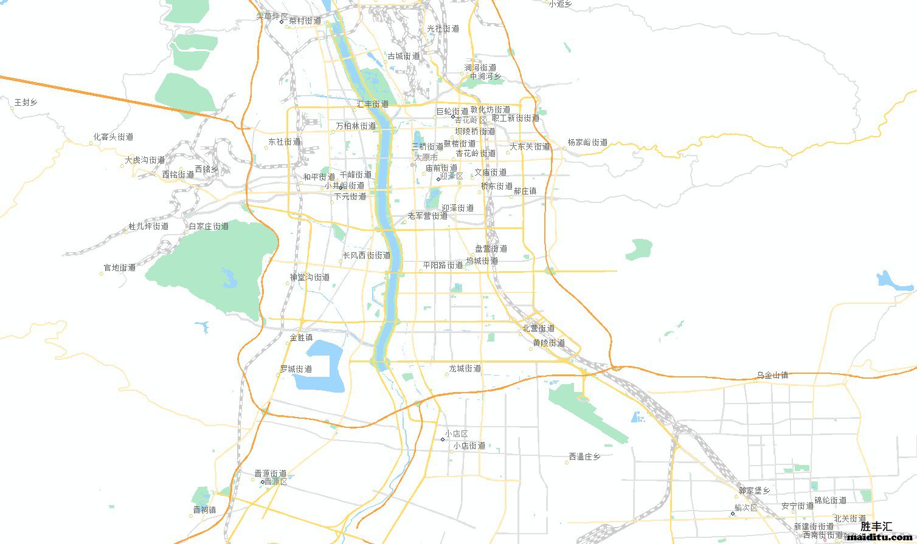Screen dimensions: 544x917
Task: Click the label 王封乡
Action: click(x=26, y=103)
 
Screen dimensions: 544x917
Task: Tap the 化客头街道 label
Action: click(x=113, y=137)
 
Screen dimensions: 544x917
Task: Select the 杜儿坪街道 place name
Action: click(x=148, y=227)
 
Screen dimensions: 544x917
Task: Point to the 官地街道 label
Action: click(x=120, y=268)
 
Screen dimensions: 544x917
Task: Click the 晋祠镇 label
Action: click(x=204, y=510)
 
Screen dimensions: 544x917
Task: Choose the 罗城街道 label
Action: click(x=296, y=370)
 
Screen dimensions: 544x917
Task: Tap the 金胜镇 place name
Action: click(x=301, y=338)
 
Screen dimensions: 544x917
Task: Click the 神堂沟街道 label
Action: click(x=310, y=278)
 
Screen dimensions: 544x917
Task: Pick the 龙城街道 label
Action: click(x=465, y=369)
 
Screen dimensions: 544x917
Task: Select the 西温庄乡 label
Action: click(x=585, y=457)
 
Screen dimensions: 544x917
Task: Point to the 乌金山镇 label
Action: click(x=772, y=376)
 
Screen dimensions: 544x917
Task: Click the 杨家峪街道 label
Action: click(x=587, y=143)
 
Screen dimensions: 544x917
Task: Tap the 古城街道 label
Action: click(x=404, y=57)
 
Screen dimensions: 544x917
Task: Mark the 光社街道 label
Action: click(x=443, y=29)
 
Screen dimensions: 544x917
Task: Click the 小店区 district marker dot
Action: click(x=443, y=439)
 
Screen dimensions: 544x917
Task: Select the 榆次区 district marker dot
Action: click(x=732, y=513)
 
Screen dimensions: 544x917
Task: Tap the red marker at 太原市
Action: click(x=412, y=164)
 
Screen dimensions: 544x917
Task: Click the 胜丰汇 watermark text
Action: click(x=876, y=526)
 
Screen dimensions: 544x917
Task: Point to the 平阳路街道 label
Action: click(x=443, y=266)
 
